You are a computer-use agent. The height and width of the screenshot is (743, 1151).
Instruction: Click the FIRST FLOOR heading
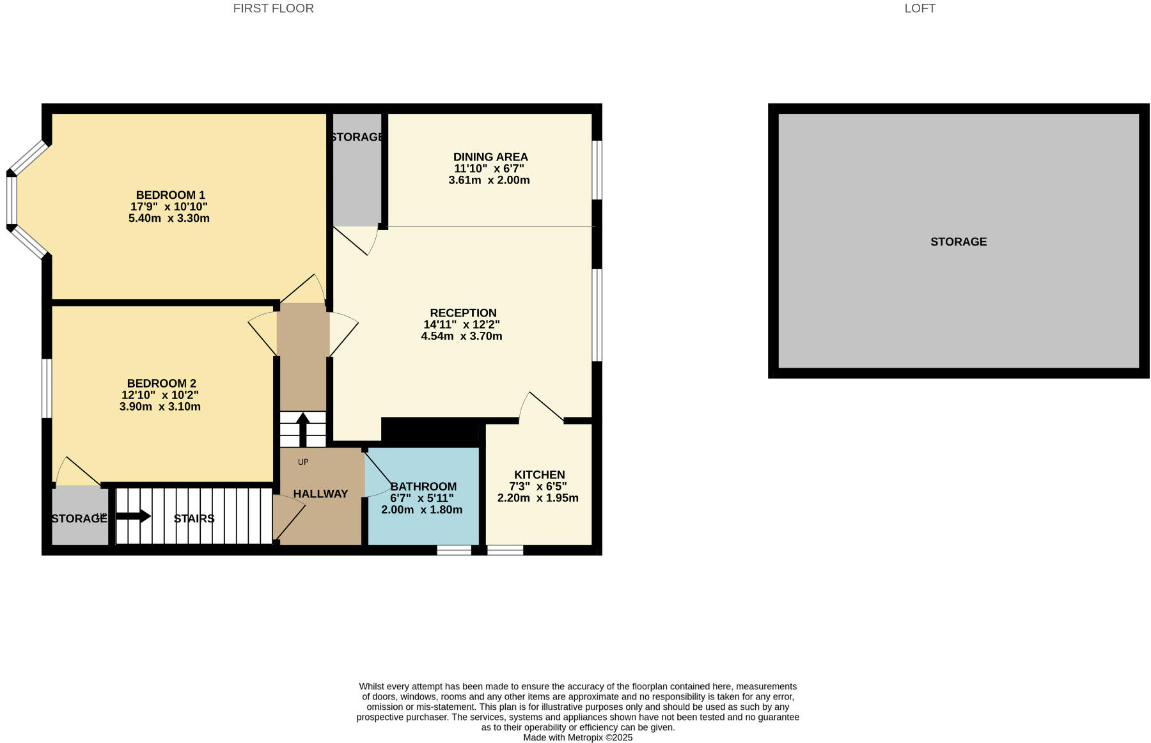(273, 8)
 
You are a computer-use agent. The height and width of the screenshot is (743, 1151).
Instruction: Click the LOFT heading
(920, 8)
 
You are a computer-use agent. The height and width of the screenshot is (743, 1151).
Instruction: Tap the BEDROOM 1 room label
(170, 195)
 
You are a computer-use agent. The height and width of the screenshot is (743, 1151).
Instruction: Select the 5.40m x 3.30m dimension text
(169, 218)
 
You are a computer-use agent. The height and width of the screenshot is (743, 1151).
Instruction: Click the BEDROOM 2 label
(161, 384)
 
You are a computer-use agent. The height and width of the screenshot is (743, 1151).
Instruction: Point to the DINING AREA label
(490, 157)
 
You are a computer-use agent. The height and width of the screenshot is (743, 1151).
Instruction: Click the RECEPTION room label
(463, 313)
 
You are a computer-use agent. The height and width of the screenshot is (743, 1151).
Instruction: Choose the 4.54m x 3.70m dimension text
(461, 336)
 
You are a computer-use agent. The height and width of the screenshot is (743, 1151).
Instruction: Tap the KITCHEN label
(539, 474)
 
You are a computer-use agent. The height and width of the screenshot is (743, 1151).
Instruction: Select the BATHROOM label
(423, 487)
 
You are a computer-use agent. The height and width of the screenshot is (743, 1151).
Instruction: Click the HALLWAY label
(320, 494)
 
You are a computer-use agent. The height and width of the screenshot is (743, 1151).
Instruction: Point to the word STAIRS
(194, 519)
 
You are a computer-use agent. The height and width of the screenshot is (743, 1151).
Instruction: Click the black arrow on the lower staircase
(134, 516)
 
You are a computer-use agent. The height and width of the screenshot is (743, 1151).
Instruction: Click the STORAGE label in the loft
(958, 242)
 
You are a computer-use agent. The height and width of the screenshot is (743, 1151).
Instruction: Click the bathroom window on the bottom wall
(454, 550)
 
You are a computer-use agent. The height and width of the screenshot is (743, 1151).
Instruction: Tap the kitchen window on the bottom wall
(505, 550)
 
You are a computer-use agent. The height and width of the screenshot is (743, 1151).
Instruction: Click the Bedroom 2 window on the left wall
(47, 388)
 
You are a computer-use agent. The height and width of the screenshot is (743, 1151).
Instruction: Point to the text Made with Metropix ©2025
(577, 737)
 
